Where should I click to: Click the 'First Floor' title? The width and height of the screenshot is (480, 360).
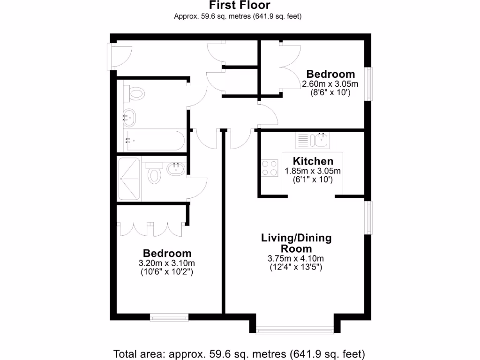tap(240, 6)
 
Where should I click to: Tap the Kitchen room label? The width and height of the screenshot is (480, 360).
tap(313, 161)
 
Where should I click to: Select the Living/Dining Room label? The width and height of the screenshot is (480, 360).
tap(296, 243)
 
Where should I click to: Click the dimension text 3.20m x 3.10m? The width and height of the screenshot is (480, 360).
tap(167, 262)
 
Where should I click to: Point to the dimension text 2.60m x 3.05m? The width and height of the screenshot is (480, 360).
tap(330, 84)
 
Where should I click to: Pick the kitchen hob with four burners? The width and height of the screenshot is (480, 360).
tap(270, 168)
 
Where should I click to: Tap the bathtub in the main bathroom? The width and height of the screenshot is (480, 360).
tap(154, 140)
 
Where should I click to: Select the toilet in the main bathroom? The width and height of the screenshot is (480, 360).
tap(135, 94)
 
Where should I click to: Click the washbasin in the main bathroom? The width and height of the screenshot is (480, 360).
tap(129, 117)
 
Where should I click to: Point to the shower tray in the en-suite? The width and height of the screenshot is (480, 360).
tap(129, 179)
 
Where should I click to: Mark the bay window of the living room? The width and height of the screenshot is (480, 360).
tap(295, 331)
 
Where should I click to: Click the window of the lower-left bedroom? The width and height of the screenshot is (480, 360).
tap(169, 318)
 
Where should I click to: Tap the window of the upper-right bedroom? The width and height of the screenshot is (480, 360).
tap(369, 84)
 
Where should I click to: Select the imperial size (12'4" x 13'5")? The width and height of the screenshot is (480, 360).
tap(296, 268)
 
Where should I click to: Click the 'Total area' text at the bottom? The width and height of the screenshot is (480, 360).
tap(240, 353)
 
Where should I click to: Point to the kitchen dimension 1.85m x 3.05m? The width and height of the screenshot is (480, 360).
tap(313, 171)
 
